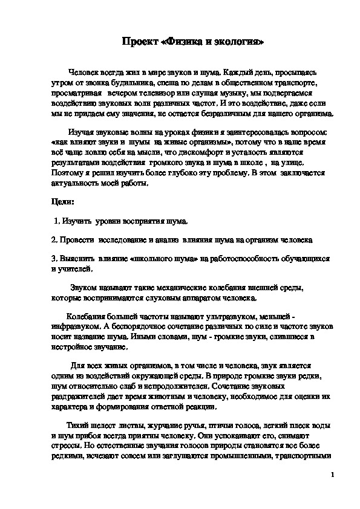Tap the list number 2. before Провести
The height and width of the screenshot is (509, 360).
point(54,240)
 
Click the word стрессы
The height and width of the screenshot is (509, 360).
point(68,445)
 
